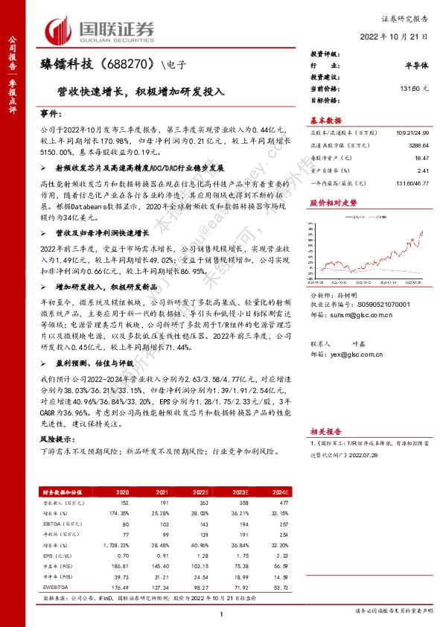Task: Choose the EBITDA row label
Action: pos(54,524)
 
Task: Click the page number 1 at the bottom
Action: pos(222,612)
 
